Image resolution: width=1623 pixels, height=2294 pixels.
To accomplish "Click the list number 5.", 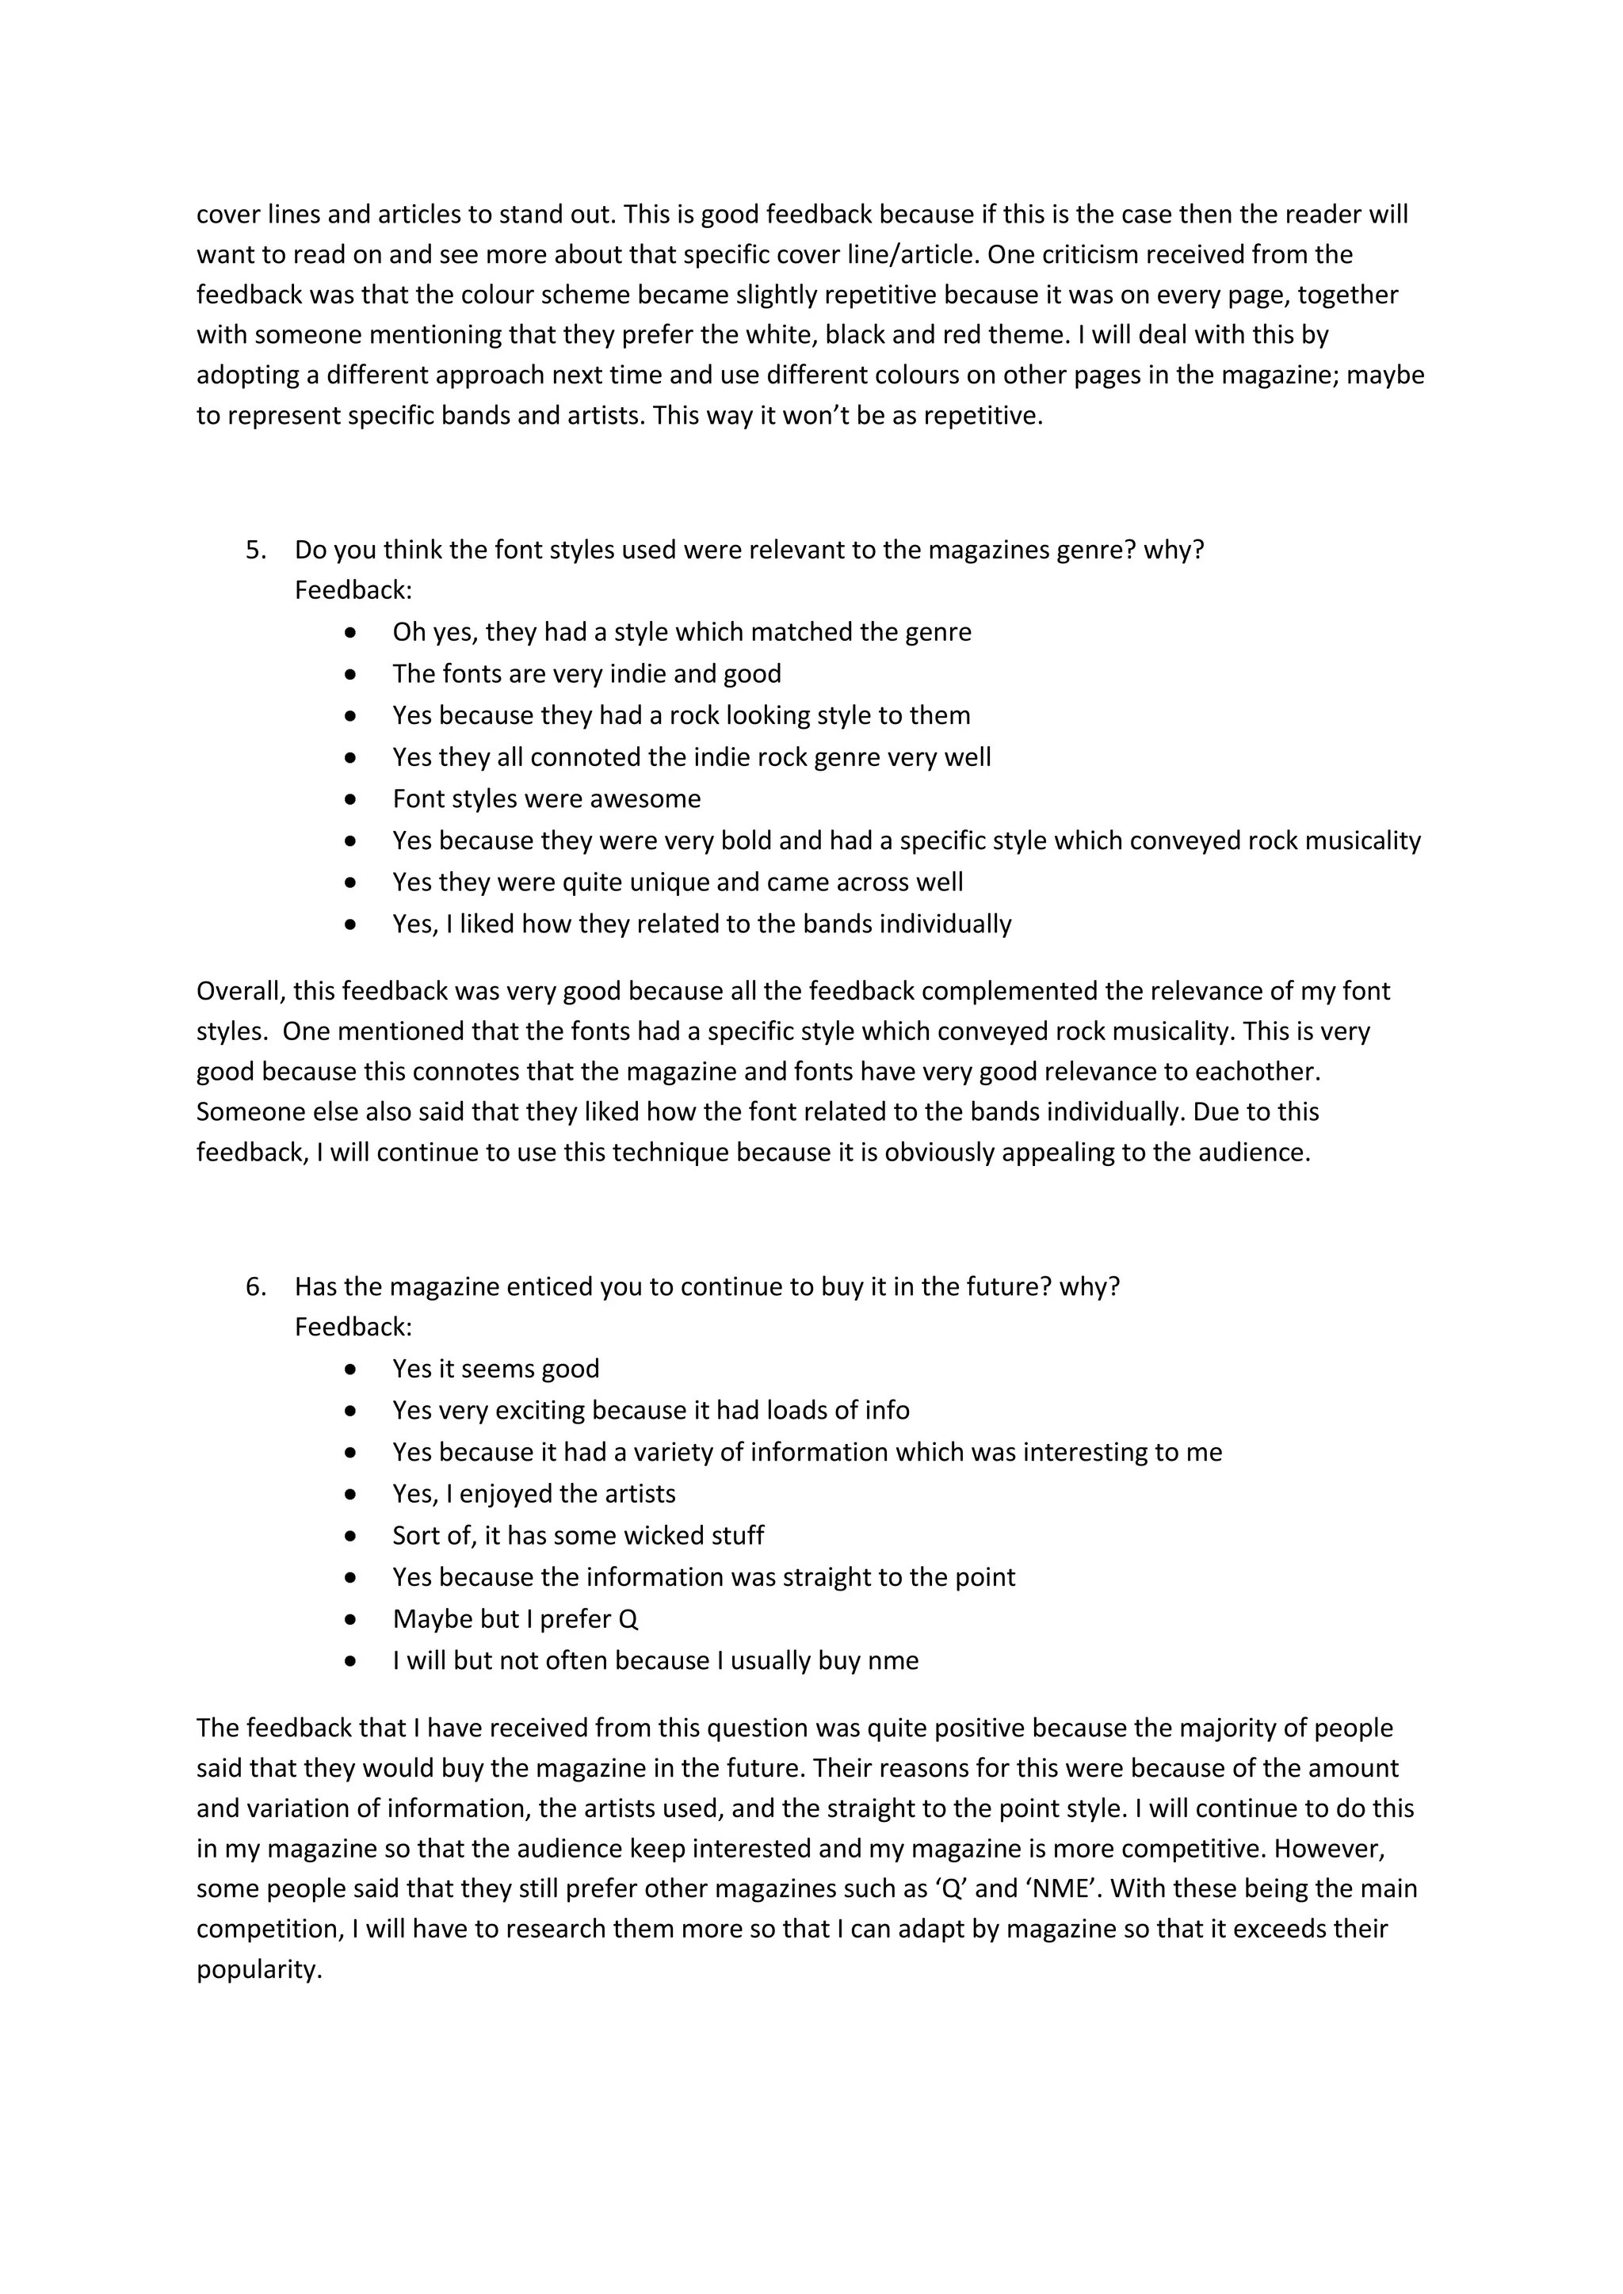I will click(255, 551).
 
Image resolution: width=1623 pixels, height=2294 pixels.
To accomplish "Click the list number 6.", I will click(255, 1287).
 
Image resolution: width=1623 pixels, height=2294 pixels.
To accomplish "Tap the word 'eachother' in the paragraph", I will click(1261, 1072).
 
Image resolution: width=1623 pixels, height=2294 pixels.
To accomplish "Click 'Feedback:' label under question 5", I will click(353, 592).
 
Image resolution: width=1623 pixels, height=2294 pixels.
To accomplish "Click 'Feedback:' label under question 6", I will click(353, 1328).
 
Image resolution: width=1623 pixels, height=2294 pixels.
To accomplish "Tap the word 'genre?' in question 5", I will click(1095, 551).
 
